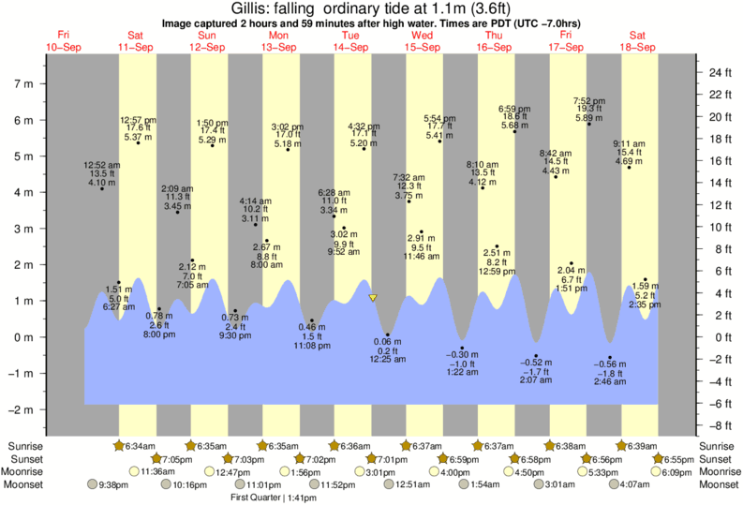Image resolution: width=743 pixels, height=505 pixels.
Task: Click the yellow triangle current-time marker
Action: (x=373, y=298)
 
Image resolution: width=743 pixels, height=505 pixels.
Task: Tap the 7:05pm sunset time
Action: (x=173, y=459)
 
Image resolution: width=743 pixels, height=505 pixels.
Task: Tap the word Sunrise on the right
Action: (x=717, y=446)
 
